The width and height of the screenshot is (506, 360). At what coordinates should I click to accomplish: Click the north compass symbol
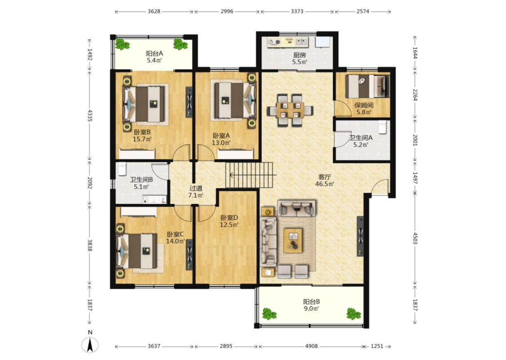coord(90,344)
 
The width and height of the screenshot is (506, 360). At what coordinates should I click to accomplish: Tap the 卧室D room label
coord(229,218)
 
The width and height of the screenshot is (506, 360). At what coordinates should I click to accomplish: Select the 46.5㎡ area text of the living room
coord(325,184)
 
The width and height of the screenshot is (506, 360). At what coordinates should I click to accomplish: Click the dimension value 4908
coord(311,346)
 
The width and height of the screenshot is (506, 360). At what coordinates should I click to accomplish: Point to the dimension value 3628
coord(154,11)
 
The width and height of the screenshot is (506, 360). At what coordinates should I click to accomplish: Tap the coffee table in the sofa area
coord(293,241)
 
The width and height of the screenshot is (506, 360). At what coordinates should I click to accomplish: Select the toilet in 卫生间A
coord(382,127)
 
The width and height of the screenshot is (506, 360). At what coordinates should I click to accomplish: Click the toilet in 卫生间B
coord(121,169)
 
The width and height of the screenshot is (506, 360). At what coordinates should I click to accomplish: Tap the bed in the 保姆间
coord(367,86)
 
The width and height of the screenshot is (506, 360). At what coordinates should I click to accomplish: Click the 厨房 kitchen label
coord(300,55)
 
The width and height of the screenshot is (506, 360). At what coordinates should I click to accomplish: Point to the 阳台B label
coord(311,301)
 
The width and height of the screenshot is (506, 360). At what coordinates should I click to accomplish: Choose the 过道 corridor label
coord(196,188)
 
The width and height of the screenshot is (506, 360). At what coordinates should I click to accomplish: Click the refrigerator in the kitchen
coord(322,43)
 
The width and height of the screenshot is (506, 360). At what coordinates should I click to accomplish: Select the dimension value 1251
coord(376,346)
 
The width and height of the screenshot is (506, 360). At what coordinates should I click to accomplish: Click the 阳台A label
coord(154,53)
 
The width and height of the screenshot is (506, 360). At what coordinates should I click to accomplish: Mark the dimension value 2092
coord(90,183)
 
